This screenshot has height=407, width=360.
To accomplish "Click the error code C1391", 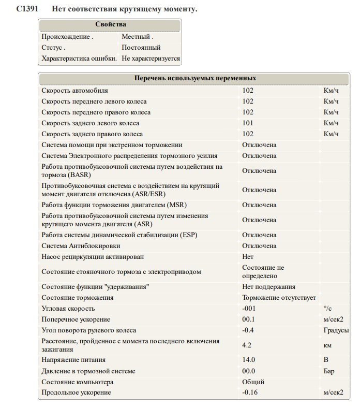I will pyautogui.click(x=26, y=9).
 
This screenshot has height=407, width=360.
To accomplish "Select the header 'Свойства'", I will pyautogui.click(x=110, y=24).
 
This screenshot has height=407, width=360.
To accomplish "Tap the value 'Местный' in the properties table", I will pyautogui.click(x=137, y=37).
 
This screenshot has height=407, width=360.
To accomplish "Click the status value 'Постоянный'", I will pyautogui.click(x=141, y=48).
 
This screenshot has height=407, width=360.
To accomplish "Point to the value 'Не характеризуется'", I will pyautogui.click(x=151, y=59).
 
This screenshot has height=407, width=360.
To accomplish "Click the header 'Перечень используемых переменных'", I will pyautogui.click(x=195, y=78).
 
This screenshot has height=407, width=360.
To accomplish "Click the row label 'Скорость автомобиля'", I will pyautogui.click(x=75, y=91).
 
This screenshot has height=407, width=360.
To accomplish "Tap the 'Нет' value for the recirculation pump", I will pyautogui.click(x=248, y=256).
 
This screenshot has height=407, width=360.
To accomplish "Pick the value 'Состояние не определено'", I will pyautogui.click(x=263, y=271).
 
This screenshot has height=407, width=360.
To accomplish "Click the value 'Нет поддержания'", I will pyautogui.click(x=268, y=287).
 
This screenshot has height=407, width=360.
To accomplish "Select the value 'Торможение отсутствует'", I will pyautogui.click(x=279, y=298).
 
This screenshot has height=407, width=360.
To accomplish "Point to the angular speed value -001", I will pyautogui.click(x=249, y=309).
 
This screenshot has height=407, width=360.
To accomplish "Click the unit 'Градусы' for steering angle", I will pyautogui.click(x=336, y=330).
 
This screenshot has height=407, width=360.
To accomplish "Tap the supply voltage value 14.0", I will pyautogui.click(x=248, y=360).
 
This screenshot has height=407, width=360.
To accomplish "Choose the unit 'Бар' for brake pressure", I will pyautogui.click(x=329, y=371).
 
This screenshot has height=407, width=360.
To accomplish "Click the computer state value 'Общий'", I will pyautogui.click(x=253, y=382).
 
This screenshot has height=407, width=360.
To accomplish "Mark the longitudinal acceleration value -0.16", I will pyautogui.click(x=250, y=393).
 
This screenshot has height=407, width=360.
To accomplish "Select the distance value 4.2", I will pyautogui.click(x=247, y=345).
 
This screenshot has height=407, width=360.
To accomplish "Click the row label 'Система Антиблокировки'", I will pyautogui.click(x=81, y=245).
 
